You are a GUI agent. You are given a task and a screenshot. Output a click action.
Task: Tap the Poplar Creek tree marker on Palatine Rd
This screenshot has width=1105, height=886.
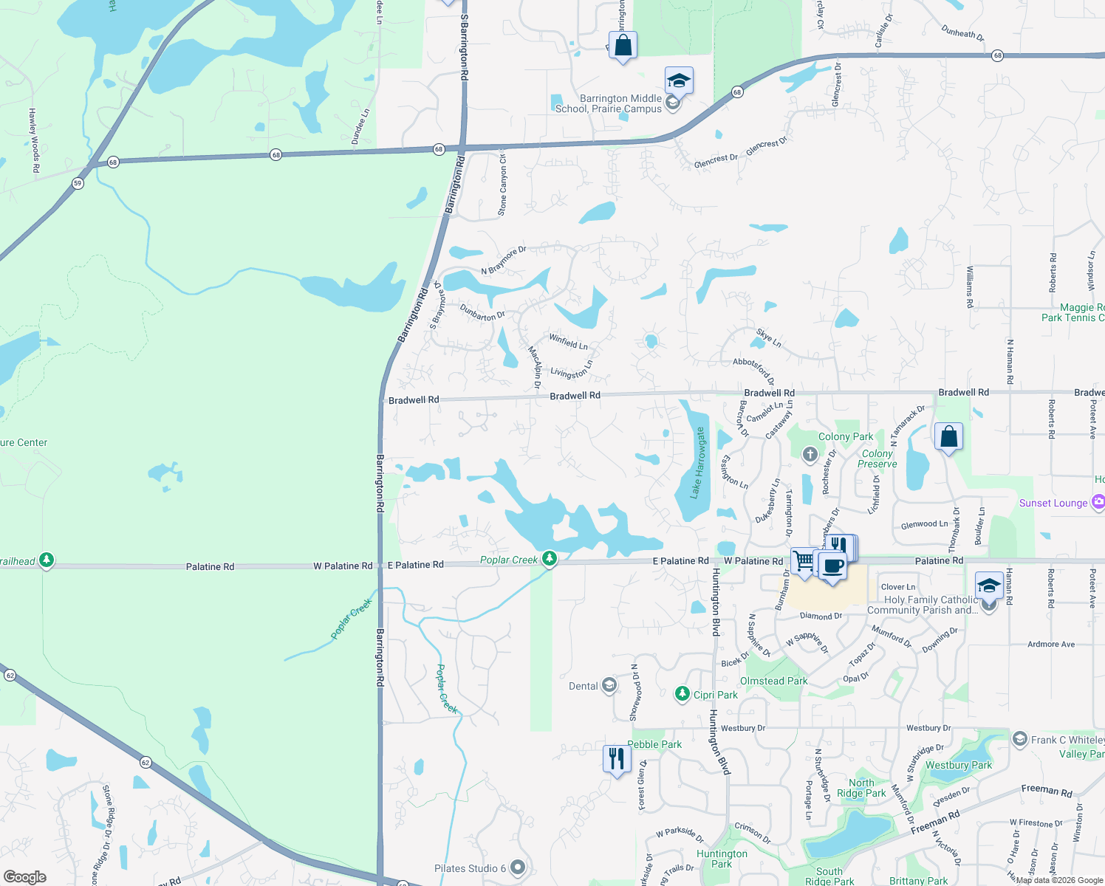549,560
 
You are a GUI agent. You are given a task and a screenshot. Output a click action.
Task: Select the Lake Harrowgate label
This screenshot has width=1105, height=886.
698,463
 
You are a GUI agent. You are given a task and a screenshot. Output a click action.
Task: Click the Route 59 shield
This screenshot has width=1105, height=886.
78,183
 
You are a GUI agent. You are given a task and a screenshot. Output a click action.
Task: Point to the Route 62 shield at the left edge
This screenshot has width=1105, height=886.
10,675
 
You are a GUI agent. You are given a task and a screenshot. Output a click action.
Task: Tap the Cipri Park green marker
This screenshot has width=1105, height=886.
682,694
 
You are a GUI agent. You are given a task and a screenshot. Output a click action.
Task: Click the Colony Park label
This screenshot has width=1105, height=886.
845,436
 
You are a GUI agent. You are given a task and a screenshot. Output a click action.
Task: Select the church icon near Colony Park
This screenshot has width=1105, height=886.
810,454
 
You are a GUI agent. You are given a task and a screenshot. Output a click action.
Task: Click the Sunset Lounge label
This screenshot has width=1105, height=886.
1053,503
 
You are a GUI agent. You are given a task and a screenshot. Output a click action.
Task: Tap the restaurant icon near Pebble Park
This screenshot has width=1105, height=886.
616,759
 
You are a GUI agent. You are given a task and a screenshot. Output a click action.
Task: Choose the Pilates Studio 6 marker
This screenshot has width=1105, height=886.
518,868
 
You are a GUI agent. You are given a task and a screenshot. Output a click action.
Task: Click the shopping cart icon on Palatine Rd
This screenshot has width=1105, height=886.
803,561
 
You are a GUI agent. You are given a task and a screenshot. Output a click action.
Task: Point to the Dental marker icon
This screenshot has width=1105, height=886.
609,686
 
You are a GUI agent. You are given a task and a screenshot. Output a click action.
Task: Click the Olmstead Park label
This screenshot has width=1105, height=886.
773,681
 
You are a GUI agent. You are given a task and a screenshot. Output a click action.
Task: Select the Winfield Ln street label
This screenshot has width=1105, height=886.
568,341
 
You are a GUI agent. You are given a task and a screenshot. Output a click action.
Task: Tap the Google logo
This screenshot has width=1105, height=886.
24,876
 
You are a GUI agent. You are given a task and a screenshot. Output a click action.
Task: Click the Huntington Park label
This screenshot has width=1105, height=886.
722,859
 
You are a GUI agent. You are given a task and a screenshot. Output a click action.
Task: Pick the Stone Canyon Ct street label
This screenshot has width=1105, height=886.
502,182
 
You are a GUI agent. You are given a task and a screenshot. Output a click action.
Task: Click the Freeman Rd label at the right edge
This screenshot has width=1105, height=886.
1046,791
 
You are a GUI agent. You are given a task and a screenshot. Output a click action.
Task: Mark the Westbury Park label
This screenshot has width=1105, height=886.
958,765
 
